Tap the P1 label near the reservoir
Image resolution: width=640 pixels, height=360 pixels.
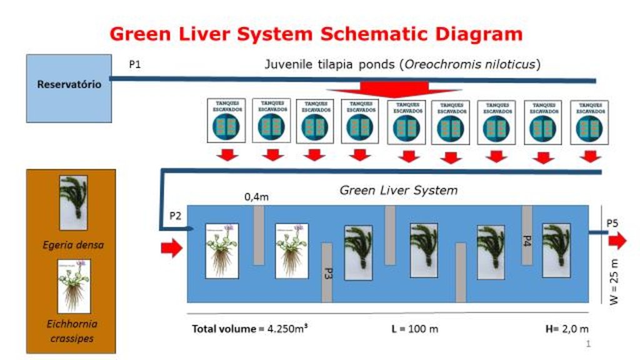click(135, 64)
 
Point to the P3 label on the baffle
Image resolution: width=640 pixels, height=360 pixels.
click(327, 273)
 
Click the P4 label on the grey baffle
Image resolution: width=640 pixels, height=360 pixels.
click(526, 240)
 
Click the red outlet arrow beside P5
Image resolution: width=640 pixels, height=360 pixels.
click(617, 241)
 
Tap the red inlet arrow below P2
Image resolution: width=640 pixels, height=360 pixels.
click(171, 249)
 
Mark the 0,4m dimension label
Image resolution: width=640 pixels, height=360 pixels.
click(256, 197)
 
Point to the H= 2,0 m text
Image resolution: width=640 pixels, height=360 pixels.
click(566, 329)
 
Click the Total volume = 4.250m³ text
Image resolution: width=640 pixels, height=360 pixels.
click(249, 329)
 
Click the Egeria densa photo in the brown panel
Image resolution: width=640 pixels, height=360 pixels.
click(73, 202)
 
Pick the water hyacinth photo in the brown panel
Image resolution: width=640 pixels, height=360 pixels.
click(74, 286)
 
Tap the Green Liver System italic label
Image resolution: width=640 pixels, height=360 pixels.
click(398, 190)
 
